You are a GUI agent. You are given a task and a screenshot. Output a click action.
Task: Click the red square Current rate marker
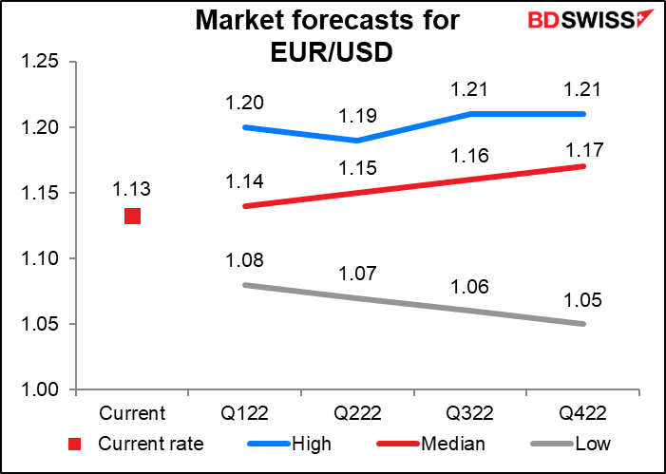pyautogui.click(x=132, y=216)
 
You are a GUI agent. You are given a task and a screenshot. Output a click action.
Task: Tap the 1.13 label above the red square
pyautogui.click(x=132, y=188)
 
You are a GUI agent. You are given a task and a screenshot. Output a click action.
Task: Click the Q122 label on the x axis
pyautogui.click(x=247, y=414)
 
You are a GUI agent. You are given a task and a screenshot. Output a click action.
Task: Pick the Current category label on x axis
pyautogui.click(x=132, y=414)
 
